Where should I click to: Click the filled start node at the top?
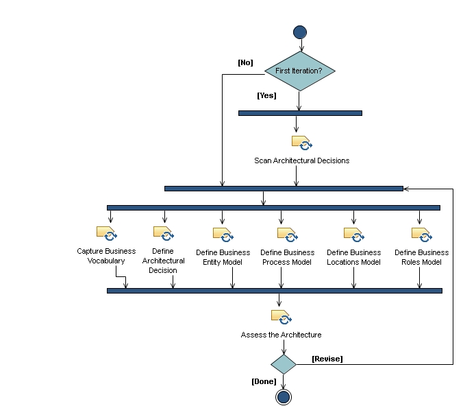299,32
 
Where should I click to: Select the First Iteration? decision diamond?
299,71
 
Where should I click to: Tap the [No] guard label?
245,62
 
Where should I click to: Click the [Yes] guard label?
266,96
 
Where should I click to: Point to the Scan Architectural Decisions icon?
301,143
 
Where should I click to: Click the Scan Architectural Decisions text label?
301,160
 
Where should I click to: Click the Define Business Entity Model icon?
223,235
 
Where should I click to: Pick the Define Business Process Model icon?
287,235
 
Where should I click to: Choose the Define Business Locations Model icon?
353,235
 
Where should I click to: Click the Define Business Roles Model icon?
421,235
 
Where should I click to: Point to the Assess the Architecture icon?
281,317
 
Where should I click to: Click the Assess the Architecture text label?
281,335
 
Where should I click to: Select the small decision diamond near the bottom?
283,363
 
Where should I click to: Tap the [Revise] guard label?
327,359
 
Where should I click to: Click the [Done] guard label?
264,381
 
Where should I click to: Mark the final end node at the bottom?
283,397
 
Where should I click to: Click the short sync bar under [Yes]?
300,113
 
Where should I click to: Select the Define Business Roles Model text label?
421,256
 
